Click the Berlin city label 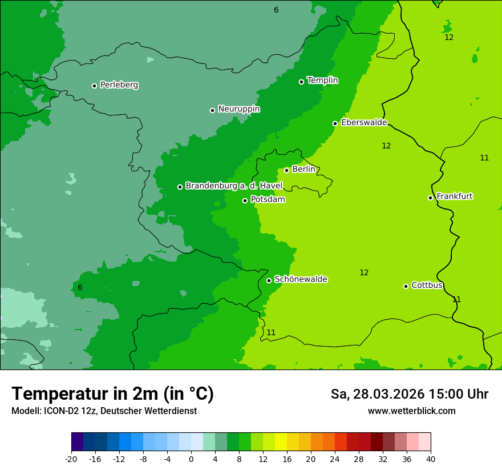click(x=303, y=170)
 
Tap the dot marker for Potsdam click(x=245, y=200)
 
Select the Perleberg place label click(x=119, y=85)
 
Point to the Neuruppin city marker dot click(x=213, y=110)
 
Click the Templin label click(x=322, y=81)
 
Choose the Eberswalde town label click(x=364, y=123)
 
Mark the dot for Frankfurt click(x=431, y=198)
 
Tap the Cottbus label click(x=427, y=285)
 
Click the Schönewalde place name click(x=301, y=279)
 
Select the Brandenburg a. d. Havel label click(x=234, y=186)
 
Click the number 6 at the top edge click(x=276, y=10)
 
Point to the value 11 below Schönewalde click(x=271, y=332)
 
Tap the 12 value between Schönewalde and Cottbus click(x=364, y=272)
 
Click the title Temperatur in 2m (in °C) click(x=112, y=393)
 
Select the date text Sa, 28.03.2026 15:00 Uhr click(x=410, y=394)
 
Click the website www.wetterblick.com click(x=411, y=411)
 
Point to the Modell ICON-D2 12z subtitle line click(x=104, y=411)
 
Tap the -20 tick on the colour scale click(x=71, y=459)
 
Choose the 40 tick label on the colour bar click(x=431, y=459)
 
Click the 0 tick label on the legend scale click(x=191, y=459)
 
